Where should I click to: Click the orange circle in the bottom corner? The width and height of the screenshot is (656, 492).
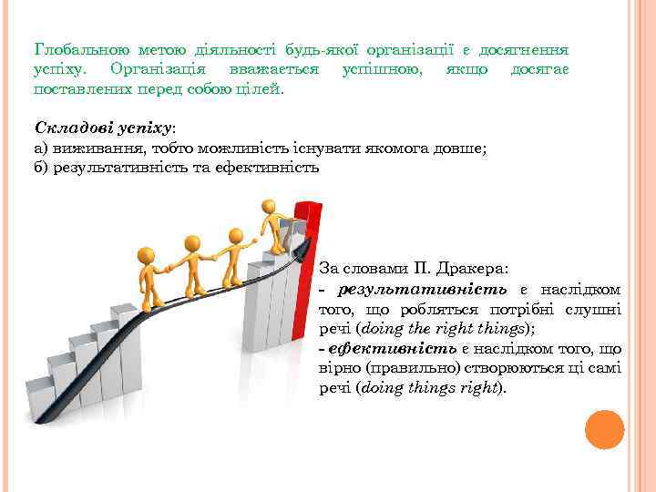603,430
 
